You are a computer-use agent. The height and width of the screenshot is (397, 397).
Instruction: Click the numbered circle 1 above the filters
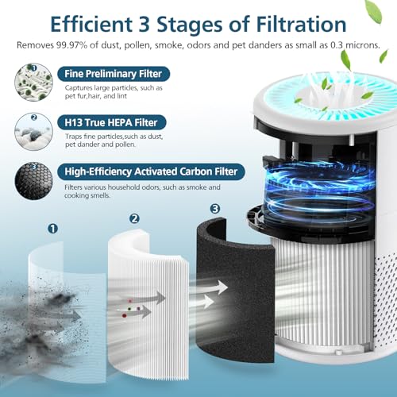coord(53,229)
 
